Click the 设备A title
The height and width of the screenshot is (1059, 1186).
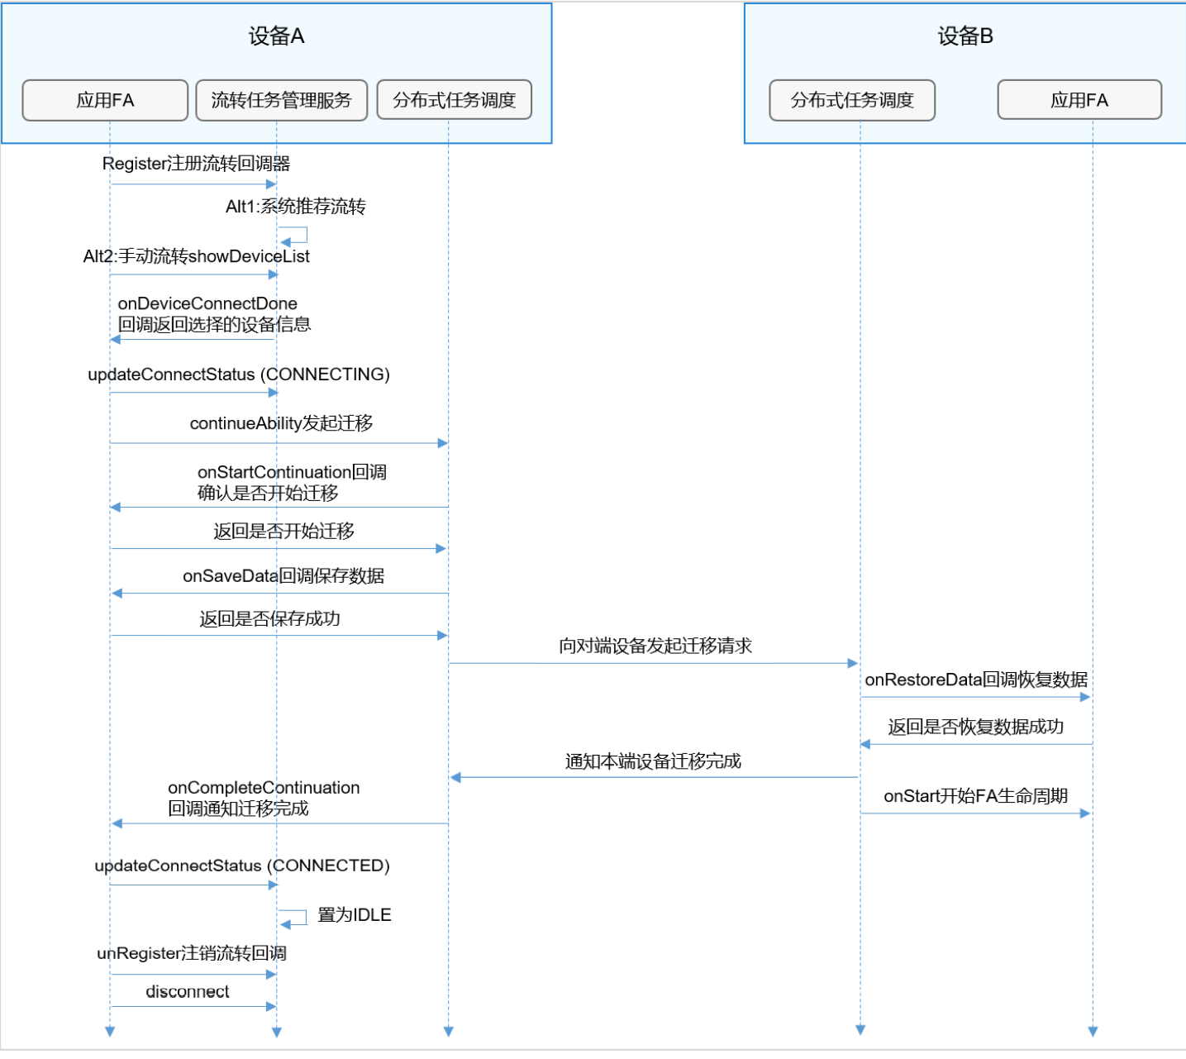coord(276,36)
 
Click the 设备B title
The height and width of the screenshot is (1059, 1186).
coord(965,36)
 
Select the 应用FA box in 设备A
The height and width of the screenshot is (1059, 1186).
coord(105,101)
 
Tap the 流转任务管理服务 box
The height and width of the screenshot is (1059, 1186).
coord(281,101)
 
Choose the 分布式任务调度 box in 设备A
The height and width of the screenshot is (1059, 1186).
coord(454,101)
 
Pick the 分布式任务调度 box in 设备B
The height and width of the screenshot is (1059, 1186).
coord(852,101)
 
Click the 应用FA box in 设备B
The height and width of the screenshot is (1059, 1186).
coord(1079,101)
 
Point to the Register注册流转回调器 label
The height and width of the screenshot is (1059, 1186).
coord(196,164)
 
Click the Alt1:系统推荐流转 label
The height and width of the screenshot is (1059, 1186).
coord(295,207)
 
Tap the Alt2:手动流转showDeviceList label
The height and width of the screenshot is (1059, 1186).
coord(196,256)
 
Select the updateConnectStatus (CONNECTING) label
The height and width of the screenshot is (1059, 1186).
coord(238,374)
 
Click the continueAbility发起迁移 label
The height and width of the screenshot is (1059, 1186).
coord(281,423)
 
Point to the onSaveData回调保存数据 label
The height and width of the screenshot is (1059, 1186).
coord(283,576)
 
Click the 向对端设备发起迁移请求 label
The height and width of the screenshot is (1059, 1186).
coord(655,646)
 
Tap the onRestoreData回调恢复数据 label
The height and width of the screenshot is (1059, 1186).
coord(976,680)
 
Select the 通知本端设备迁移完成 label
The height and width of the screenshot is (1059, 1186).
coord(653,761)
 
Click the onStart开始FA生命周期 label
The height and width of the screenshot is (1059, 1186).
coord(975,796)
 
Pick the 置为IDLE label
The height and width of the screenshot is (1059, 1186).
coord(354,915)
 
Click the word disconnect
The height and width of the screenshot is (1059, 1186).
coord(188,992)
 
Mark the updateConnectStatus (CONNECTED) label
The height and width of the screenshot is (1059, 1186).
coord(241,866)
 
